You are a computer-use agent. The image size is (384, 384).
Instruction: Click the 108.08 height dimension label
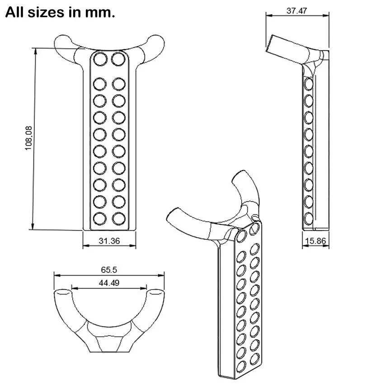(x=28, y=138)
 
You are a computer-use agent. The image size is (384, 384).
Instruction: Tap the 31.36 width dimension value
(x=109, y=241)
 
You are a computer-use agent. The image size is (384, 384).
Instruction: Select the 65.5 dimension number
(x=109, y=270)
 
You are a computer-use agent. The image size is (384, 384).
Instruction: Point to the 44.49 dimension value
(x=109, y=283)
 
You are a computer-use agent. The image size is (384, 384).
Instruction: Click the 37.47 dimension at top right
(x=297, y=11)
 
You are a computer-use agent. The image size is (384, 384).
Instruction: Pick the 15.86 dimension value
(x=315, y=241)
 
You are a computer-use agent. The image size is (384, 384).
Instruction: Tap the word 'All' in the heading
(x=15, y=12)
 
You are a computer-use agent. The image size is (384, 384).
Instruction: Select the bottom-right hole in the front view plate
(x=118, y=218)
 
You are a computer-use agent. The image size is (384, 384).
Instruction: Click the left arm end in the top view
(x=62, y=292)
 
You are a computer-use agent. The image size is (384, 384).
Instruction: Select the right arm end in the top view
(x=155, y=292)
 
